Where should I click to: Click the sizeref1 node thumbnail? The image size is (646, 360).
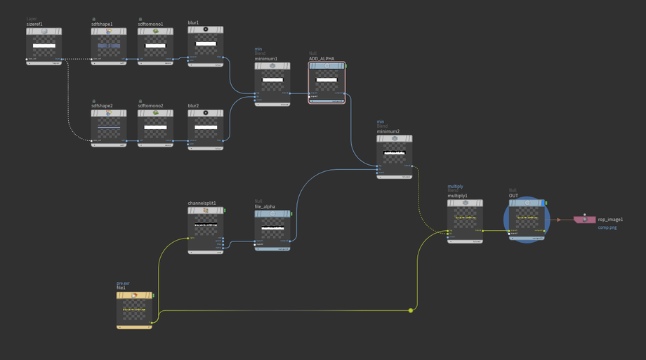point(44,46)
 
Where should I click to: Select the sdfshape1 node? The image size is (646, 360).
point(109,46)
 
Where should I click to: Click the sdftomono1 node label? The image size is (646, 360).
point(150,24)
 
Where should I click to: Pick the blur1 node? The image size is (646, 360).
point(206,45)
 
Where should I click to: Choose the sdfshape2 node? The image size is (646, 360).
point(109,128)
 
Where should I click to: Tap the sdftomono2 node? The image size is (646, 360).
point(155,128)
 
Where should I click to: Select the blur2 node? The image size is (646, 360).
point(206,128)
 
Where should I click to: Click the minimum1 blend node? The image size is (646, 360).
point(272,83)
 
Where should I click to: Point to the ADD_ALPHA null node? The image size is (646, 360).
point(327,83)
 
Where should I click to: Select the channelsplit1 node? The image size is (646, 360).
point(206,229)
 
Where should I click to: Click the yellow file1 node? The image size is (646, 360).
point(134,311)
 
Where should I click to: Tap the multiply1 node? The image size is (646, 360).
point(465,220)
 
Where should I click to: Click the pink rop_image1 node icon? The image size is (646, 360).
point(584,220)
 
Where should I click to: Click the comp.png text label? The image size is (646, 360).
point(607,227)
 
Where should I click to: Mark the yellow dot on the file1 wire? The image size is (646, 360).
point(411,310)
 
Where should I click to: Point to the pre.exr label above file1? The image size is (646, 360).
point(123,283)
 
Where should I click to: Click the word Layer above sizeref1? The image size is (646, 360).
point(32,19)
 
